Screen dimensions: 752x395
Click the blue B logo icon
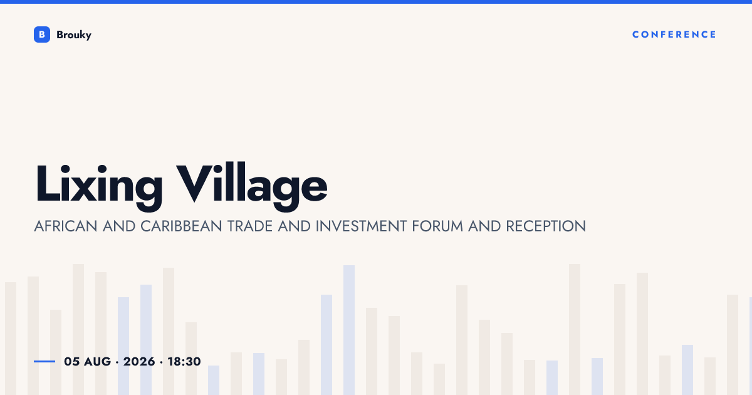pos(42,34)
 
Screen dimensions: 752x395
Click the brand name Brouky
pos(74,35)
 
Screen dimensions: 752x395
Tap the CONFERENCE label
pos(674,34)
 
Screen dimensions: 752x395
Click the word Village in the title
pos(252,187)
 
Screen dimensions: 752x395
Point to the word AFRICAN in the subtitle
pos(66,226)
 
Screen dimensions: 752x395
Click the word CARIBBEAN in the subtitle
pos(181,226)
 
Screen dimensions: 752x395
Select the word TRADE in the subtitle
pos(250,226)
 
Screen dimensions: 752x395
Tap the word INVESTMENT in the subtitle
pos(361,226)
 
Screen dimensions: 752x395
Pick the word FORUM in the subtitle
pos(437,226)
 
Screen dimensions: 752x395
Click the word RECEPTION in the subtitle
pos(546,226)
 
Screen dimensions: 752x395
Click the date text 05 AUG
pos(87,362)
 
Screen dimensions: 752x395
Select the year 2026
pos(139,362)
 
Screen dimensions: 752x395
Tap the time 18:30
pos(184,362)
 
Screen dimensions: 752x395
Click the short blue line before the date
pos(44,361)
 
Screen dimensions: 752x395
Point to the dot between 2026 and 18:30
pos(161,362)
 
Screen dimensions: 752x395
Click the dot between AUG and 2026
pos(117,362)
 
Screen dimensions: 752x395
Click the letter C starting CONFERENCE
pos(636,34)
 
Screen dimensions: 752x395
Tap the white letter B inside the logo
pos(42,34)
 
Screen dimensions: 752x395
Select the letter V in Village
pos(195,183)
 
